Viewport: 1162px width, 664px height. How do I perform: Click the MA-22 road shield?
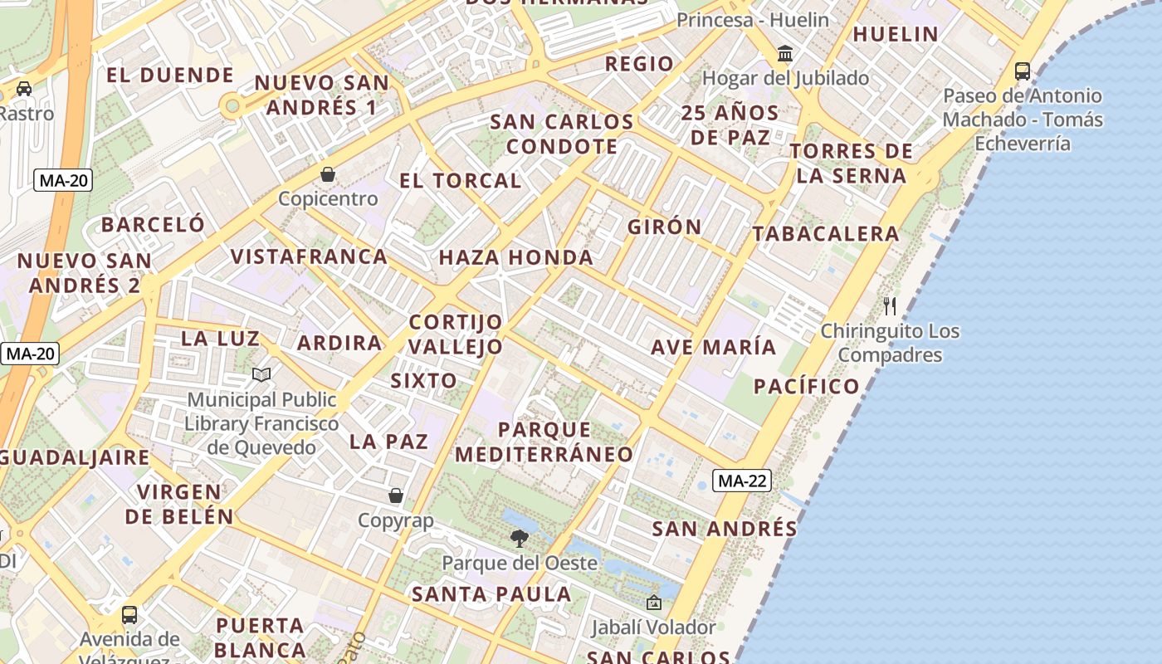(742, 481)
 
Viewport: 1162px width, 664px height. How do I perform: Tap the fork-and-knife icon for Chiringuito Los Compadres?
(890, 305)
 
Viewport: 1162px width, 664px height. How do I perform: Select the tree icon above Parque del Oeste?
(520, 539)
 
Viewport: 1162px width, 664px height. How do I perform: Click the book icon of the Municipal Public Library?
(261, 375)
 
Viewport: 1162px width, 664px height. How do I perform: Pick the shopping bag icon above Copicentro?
(328, 174)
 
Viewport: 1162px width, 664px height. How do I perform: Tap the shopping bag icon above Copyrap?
(396, 496)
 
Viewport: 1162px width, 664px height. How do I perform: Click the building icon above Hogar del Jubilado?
(784, 55)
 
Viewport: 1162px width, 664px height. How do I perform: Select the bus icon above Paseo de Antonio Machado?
(1023, 71)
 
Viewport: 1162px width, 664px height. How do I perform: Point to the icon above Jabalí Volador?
(653, 603)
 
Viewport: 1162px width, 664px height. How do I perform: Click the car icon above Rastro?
(24, 88)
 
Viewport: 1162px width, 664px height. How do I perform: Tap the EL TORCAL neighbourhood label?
(460, 181)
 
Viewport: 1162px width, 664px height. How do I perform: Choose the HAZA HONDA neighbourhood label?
(515, 257)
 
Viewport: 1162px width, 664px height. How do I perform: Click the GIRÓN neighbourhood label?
(664, 227)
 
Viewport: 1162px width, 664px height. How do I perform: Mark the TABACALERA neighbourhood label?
(826, 234)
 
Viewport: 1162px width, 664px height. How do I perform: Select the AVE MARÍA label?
(713, 347)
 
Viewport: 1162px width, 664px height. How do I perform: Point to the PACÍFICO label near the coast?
(806, 386)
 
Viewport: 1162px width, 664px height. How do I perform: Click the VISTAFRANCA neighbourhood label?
(309, 256)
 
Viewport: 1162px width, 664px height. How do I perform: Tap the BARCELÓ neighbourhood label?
(153, 224)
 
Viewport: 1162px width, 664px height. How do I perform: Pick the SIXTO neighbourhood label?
(423, 381)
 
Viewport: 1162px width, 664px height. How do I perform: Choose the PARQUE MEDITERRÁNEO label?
(544, 442)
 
